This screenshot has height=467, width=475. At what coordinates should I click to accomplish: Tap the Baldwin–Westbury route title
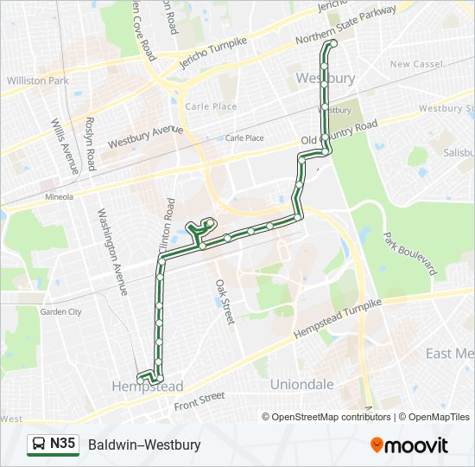click(143, 445)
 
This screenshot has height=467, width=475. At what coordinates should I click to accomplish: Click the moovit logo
click(409, 445)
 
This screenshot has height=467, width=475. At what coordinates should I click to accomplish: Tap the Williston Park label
click(37, 80)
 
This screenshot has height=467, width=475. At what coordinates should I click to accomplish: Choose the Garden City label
click(60, 311)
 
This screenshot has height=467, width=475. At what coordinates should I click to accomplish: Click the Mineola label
click(60, 196)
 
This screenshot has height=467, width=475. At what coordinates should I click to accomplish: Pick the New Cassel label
click(416, 64)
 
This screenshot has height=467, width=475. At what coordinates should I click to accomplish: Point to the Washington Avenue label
click(112, 250)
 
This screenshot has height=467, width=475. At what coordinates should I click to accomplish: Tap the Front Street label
click(199, 400)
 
